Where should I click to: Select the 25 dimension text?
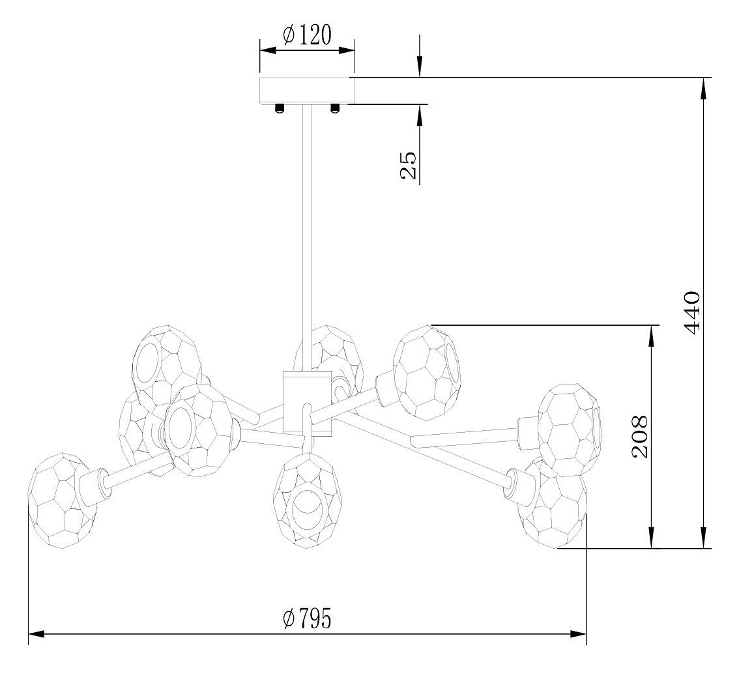(408, 165)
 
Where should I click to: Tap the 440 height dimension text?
(692, 313)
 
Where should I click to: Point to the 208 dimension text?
(639, 437)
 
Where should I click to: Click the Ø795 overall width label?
(308, 618)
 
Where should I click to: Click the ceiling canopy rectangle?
(308, 90)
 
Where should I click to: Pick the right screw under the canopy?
(334, 108)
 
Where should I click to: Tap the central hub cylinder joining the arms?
(308, 402)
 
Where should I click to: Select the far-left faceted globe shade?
(63, 501)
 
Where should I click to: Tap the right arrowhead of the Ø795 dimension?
(578, 634)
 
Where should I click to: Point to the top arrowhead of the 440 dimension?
(704, 88)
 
